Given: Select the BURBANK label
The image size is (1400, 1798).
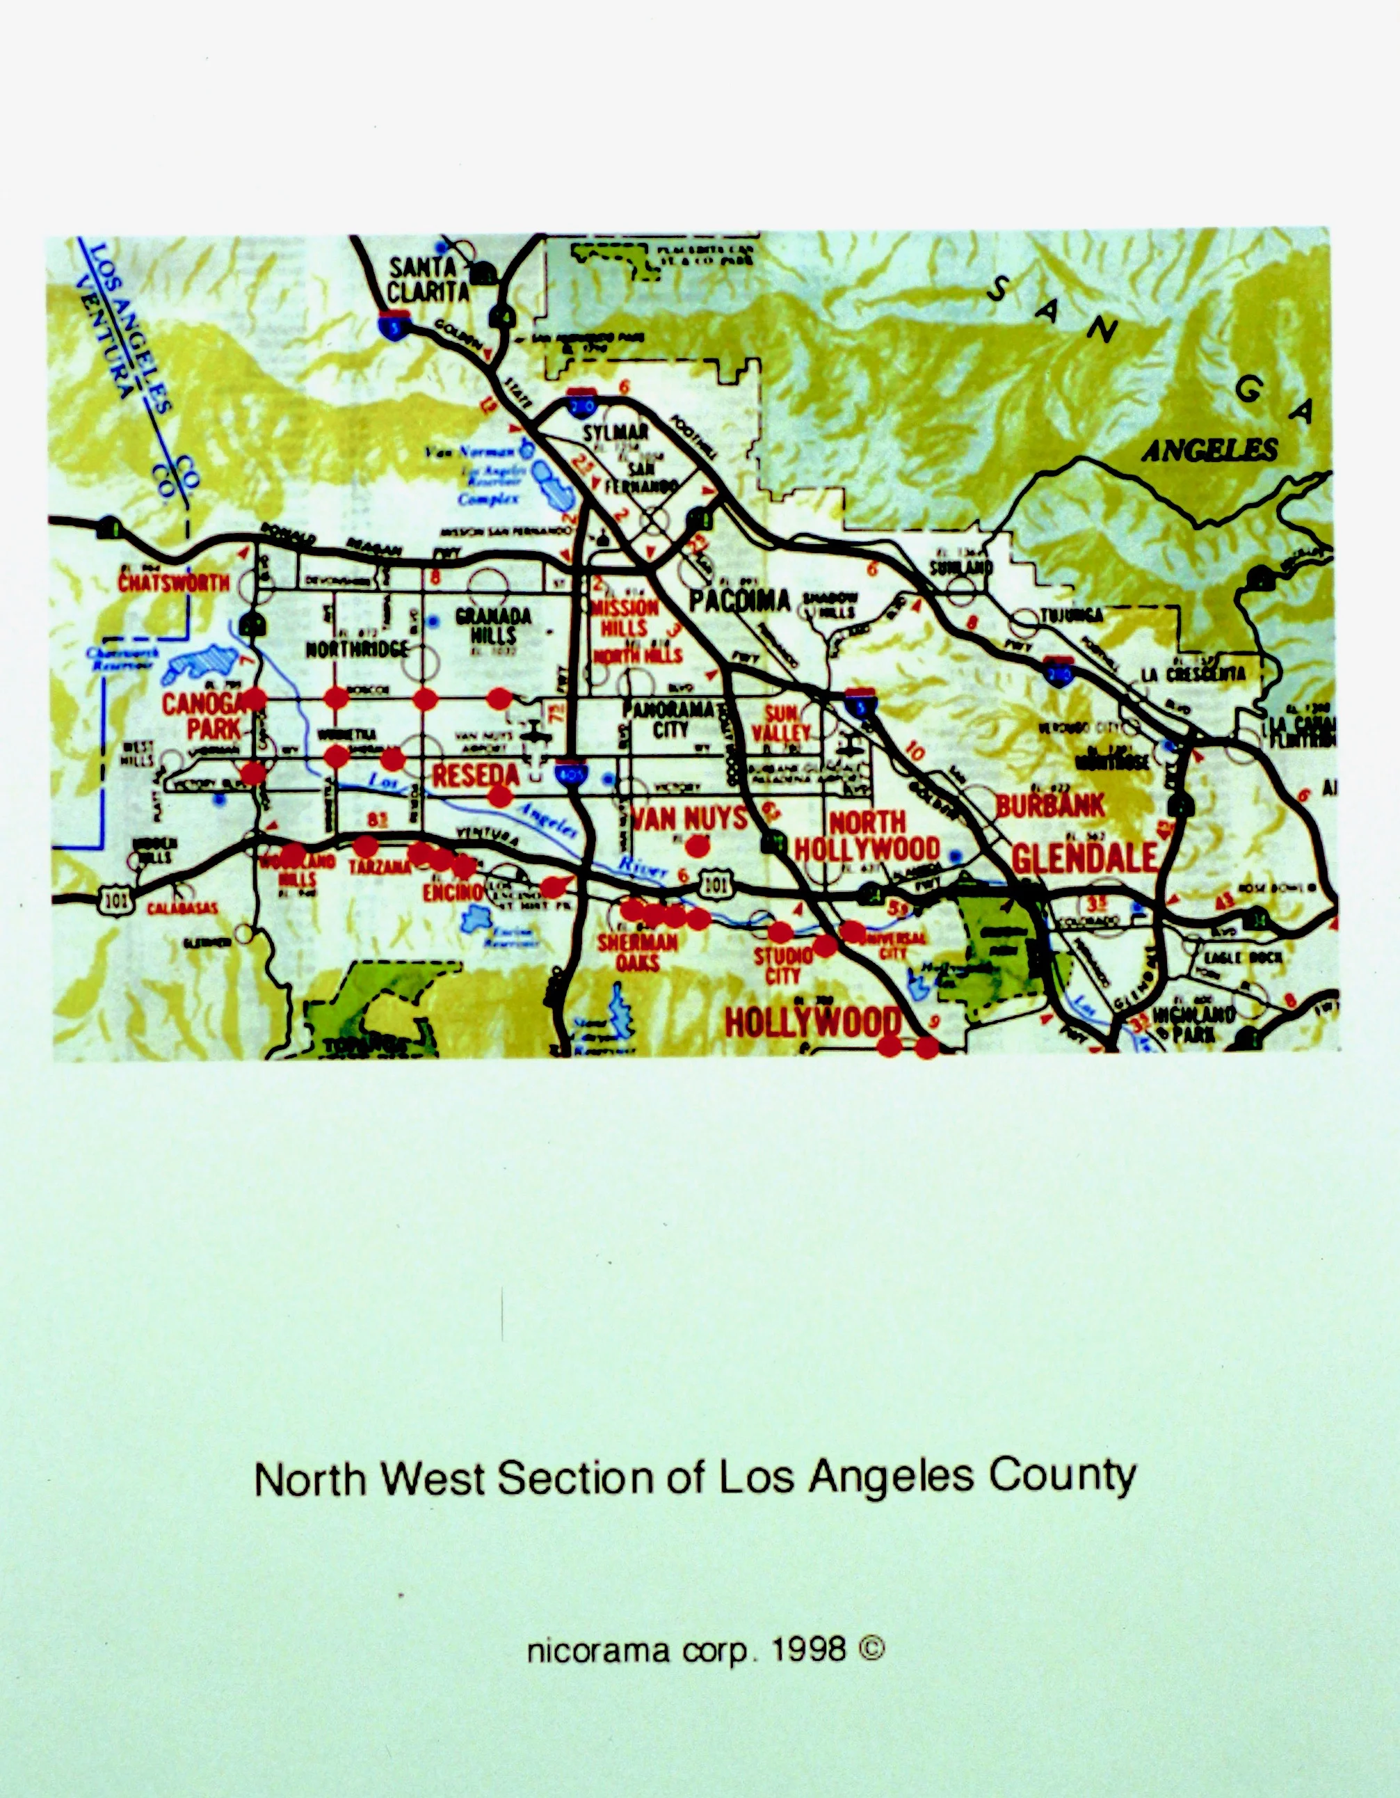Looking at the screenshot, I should (1049, 806).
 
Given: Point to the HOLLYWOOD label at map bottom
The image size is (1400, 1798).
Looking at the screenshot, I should (812, 1022).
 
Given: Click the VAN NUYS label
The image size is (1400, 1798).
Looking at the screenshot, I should (689, 818).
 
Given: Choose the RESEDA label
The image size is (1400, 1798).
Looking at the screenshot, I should (476, 774).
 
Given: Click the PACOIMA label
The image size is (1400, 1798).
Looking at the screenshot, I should (739, 601).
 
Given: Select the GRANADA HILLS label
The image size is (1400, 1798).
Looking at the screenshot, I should (492, 626).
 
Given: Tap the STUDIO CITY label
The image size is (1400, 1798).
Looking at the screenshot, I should (782, 965).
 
